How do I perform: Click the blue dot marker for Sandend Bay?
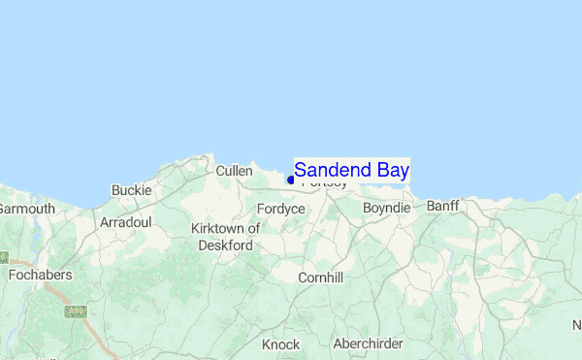click(x=290, y=180)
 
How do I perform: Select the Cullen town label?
click(x=234, y=171)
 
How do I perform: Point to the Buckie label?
click(x=132, y=190)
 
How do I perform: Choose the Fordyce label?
click(x=281, y=209)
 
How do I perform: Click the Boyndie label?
click(x=386, y=208)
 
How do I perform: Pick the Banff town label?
click(x=442, y=206)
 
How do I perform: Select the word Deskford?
click(x=226, y=245)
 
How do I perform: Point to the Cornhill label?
click(x=320, y=278)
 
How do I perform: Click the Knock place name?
click(x=280, y=344)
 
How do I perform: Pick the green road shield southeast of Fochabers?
click(x=75, y=311)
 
